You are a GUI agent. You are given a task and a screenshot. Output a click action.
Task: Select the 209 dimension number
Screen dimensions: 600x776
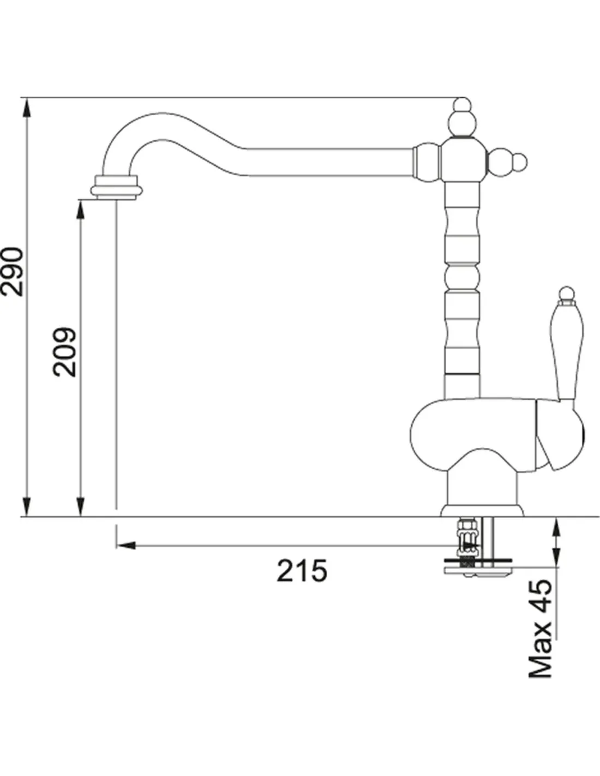[x=64, y=352]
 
